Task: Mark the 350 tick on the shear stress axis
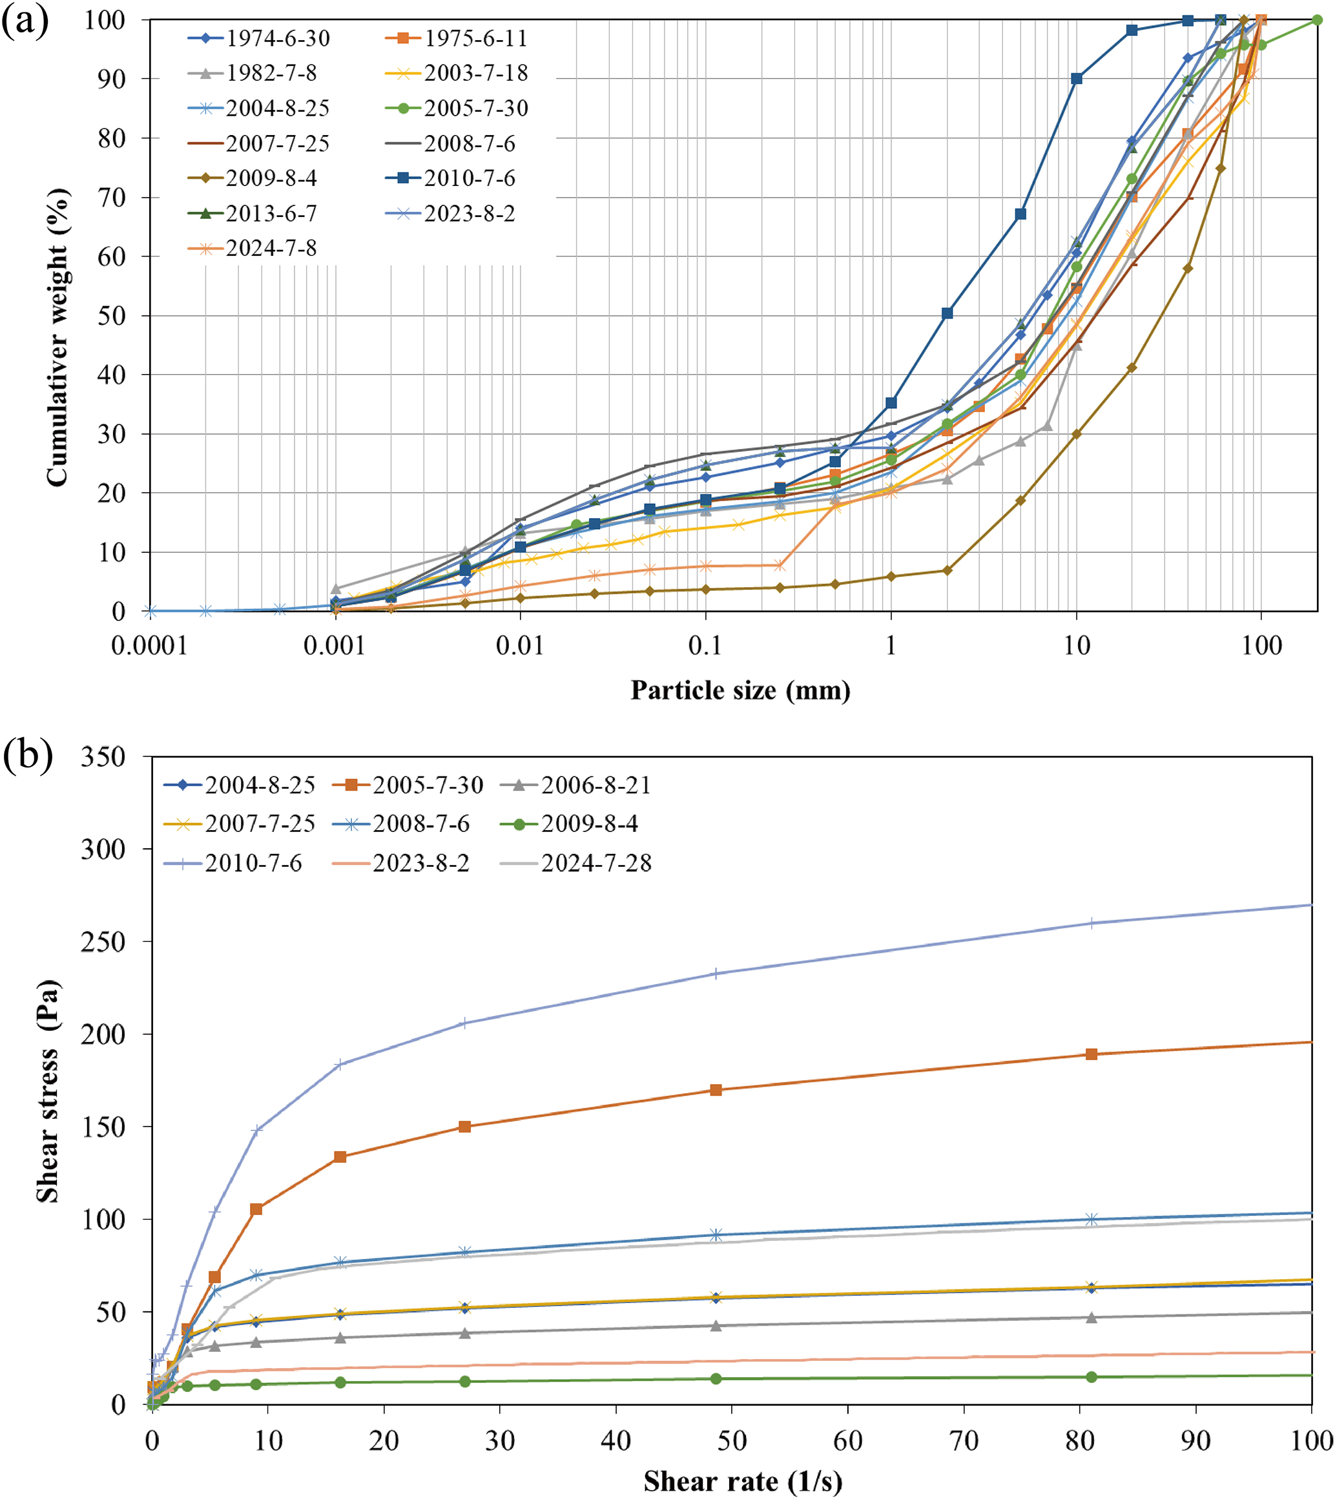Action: point(103,757)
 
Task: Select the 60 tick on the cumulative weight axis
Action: point(112,256)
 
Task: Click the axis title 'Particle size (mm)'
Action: point(740,691)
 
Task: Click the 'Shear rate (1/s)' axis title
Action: point(742,1481)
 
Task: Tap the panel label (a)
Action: point(26,22)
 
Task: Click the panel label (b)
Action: point(28,755)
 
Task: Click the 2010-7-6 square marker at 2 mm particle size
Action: point(947,313)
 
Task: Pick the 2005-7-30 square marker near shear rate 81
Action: point(1092,1054)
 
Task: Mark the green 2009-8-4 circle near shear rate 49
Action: point(716,1379)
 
